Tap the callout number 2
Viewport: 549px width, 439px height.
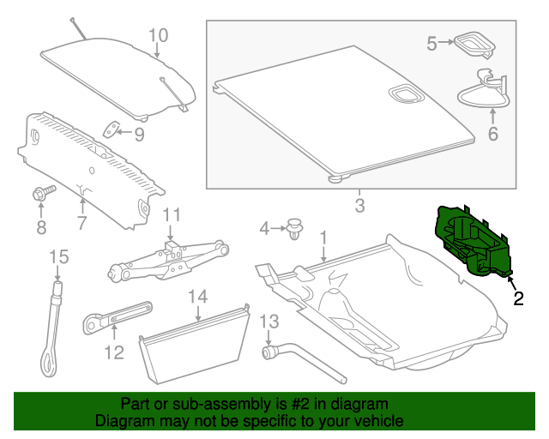[x=518, y=298]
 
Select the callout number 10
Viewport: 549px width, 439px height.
[x=159, y=35]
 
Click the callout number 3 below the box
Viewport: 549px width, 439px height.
[x=359, y=206]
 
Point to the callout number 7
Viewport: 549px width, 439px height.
[x=81, y=224]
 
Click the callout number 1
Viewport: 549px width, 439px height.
[x=323, y=236]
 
